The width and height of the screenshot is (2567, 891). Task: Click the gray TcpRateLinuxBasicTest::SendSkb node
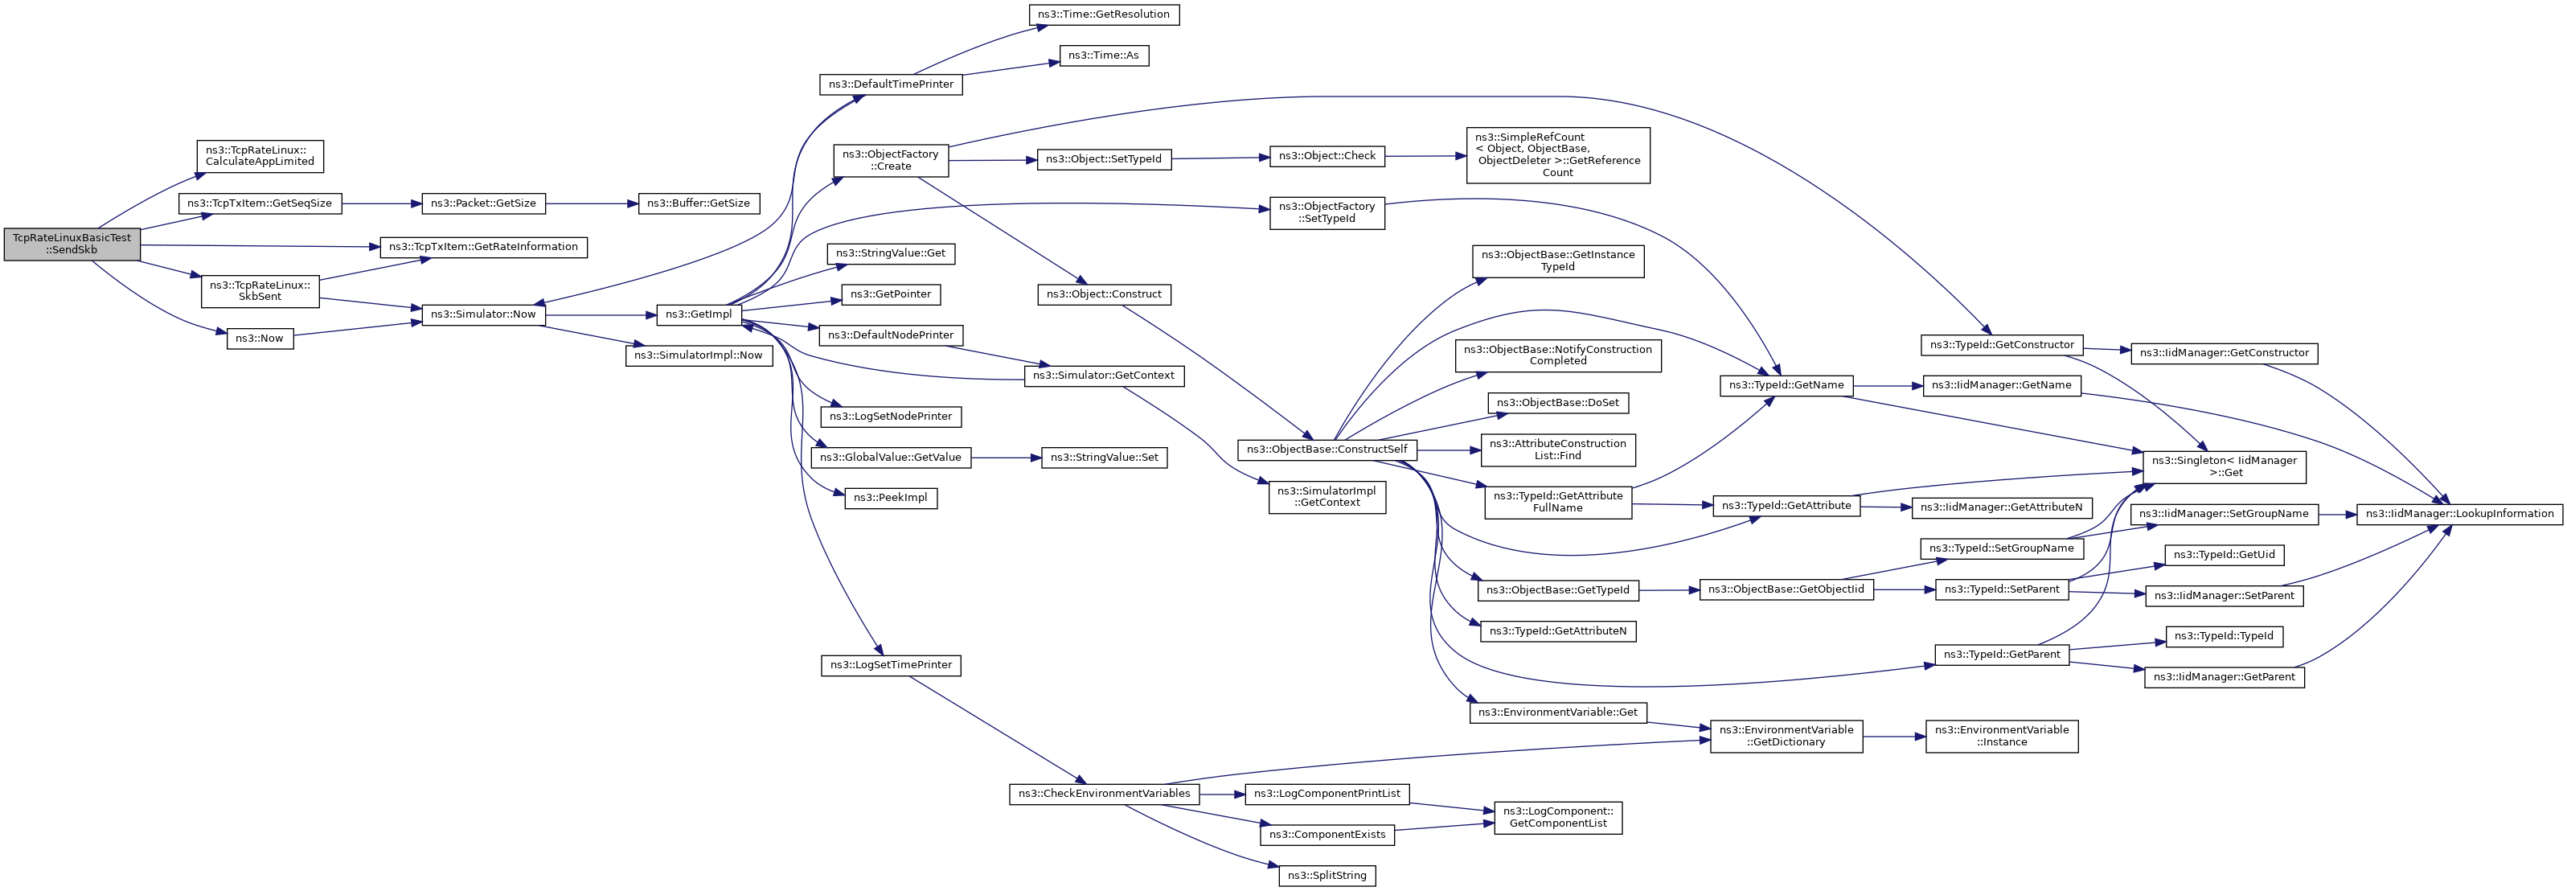(72, 244)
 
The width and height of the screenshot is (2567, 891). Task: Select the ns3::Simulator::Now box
(483, 314)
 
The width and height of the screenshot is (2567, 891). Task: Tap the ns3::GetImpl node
(699, 314)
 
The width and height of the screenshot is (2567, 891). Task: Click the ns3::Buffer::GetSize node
(699, 203)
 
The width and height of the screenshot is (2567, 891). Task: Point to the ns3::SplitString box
(1327, 875)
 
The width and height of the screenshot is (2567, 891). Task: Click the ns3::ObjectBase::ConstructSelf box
(1327, 450)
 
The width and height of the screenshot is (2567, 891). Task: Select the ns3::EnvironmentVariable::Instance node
(2002, 736)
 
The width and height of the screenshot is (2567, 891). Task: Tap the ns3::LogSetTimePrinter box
(891, 665)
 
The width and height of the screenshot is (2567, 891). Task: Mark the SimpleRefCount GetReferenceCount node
(1557, 154)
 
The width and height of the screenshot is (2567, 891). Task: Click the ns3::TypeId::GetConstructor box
(2002, 345)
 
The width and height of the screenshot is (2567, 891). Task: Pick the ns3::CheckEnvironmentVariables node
(1104, 794)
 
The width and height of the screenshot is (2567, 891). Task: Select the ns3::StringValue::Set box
(1104, 458)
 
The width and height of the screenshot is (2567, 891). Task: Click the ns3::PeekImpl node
(891, 497)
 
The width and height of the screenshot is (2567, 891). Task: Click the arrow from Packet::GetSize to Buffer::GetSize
(592, 203)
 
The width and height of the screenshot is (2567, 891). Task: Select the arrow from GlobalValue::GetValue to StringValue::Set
(1006, 458)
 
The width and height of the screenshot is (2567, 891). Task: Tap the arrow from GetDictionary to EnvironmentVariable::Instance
(1894, 737)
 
